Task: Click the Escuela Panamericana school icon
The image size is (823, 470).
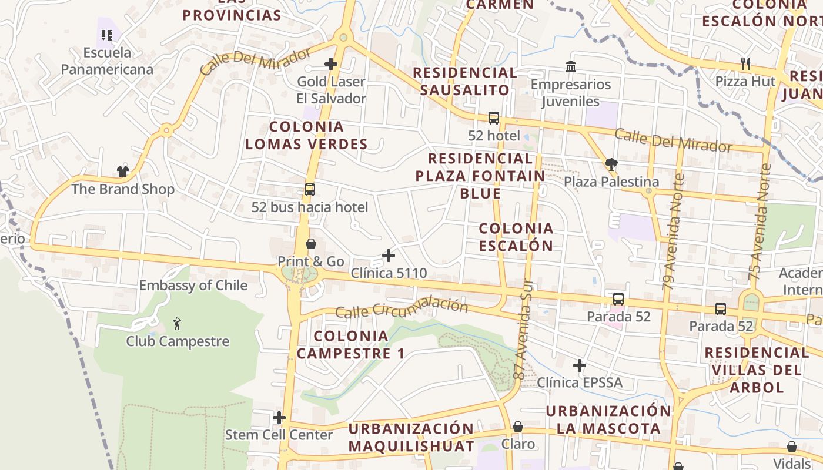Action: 106,35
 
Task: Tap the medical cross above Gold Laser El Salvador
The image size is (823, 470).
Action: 331,64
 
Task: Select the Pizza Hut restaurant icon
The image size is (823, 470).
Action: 745,64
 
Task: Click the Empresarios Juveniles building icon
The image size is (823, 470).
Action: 570,67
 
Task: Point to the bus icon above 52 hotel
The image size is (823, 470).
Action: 494,118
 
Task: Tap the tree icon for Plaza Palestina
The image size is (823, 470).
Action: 611,164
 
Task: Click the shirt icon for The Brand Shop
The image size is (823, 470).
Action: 122,172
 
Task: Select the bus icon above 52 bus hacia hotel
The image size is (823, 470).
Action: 310,190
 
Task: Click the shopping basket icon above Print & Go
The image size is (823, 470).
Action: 311,244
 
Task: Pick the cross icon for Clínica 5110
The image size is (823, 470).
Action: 389,256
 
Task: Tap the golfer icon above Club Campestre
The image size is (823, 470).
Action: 177,323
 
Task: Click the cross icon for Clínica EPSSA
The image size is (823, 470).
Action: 580,365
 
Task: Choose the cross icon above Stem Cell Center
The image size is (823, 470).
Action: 279,418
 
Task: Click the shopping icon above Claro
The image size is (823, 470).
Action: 518,427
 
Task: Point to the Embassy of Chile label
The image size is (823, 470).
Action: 193,286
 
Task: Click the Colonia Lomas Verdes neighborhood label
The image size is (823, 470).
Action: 306,135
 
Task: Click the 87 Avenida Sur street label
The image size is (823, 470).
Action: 523,338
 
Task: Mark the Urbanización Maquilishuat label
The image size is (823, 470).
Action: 411,437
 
